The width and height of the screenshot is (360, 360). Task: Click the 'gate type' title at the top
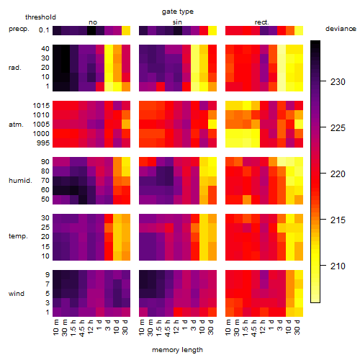[178, 12]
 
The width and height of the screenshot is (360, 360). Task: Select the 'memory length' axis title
[178, 350]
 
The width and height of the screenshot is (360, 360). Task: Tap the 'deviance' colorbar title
[341, 29]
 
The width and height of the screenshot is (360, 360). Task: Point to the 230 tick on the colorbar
[323, 81]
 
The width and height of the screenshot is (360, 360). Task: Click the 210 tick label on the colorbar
[338, 266]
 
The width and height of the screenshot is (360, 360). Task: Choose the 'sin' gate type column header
[177, 22]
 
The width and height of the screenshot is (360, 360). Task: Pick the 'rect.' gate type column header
[262, 22]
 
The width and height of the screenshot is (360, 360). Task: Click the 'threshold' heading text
[40, 17]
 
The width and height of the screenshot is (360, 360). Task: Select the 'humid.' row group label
[20, 181]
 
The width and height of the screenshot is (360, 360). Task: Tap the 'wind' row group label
[17, 294]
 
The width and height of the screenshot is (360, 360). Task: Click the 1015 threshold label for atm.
[41, 106]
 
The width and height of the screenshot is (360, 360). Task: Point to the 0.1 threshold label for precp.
[44, 30]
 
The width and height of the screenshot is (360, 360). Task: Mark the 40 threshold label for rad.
[45, 49]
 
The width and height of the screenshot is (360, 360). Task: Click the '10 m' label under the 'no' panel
[55, 328]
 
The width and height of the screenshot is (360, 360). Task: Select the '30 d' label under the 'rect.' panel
[297, 327]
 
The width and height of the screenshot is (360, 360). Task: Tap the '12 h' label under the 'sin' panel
[176, 327]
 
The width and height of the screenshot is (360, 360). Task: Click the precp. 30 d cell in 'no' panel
[126, 30]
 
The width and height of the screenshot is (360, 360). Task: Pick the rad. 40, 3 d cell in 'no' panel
[109, 49]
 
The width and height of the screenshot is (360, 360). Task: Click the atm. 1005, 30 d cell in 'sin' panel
[212, 125]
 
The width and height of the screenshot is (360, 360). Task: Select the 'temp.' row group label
[18, 236]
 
